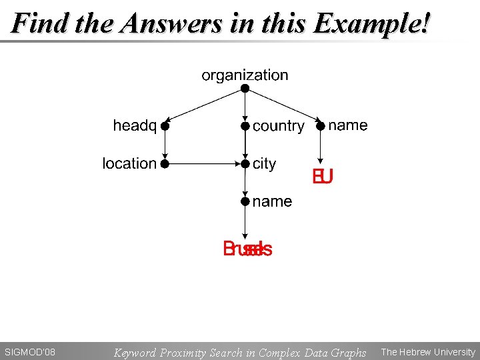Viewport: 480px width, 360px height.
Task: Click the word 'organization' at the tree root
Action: pyautogui.click(x=245, y=75)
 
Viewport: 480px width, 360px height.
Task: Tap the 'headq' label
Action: pyautogui.click(x=135, y=125)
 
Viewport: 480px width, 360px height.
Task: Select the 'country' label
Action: pyautogui.click(x=278, y=126)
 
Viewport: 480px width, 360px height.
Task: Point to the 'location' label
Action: pyautogui.click(x=129, y=163)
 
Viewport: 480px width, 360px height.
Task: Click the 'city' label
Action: pyautogui.click(x=264, y=163)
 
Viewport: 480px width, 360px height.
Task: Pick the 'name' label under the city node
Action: pyautogui.click(x=272, y=201)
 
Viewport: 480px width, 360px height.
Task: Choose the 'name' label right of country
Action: pyautogui.click(x=348, y=125)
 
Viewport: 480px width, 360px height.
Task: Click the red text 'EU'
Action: pyautogui.click(x=323, y=177)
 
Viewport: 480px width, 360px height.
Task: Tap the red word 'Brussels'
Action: pyautogui.click(x=247, y=249)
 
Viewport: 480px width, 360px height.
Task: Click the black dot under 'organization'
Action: pyautogui.click(x=245, y=88)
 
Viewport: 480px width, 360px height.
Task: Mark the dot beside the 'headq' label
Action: pyautogui.click(x=165, y=125)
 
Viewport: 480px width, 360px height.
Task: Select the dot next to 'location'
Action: pyautogui.click(x=165, y=163)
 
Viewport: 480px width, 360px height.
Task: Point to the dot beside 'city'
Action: pyautogui.click(x=245, y=163)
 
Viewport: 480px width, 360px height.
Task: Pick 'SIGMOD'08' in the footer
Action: pyautogui.click(x=30, y=352)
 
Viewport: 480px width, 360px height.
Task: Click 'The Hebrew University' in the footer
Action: pyautogui.click(x=428, y=352)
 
